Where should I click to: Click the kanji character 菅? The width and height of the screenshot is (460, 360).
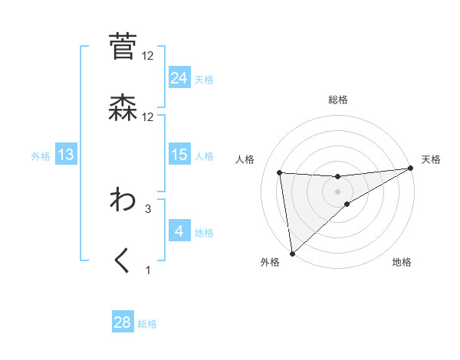pos(123,47)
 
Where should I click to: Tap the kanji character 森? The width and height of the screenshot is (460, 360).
pos(123,108)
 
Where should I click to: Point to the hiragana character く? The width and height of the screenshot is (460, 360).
pos(123,260)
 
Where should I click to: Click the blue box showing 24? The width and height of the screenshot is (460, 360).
pos(179,77)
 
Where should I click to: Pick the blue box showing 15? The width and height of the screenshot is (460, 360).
pos(179,155)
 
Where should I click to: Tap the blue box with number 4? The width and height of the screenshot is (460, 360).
pos(179,231)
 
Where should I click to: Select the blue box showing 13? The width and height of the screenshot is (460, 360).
pos(66,155)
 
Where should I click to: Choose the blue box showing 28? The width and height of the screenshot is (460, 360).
pos(123,322)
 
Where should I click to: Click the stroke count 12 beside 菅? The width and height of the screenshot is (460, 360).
pos(148,56)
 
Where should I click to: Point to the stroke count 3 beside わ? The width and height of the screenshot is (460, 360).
pos(148,208)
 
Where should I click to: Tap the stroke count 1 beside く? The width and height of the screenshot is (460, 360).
pos(148,270)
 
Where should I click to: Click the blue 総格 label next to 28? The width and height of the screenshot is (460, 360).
pos(147,324)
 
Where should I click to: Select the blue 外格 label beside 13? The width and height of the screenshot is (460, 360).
pos(41,156)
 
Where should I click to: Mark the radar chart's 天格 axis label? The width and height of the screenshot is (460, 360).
pos(431,159)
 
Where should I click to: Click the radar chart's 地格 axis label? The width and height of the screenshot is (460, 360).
pos(402,263)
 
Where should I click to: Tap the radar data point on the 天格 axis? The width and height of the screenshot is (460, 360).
pos(410,168)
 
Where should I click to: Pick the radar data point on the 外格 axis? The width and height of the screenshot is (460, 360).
pos(292,253)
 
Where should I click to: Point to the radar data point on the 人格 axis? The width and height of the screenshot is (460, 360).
pos(280,172)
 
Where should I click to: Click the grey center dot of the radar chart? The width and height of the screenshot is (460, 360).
pos(337,191)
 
